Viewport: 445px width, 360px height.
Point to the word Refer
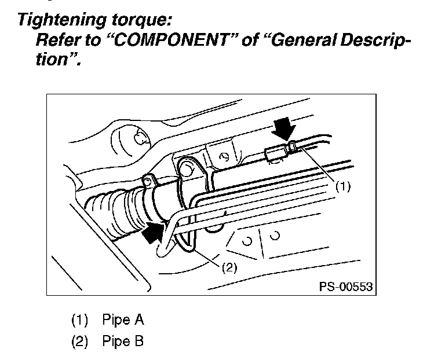tap(56, 41)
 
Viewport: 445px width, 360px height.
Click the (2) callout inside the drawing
tap(229, 268)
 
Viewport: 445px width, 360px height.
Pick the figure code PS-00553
tap(344, 286)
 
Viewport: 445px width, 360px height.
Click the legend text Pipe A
tap(123, 319)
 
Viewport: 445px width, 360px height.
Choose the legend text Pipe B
tap(123, 341)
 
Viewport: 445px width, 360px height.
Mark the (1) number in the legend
tap(79, 319)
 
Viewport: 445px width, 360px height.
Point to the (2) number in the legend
tap(79, 341)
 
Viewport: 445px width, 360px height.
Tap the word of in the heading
tap(250, 41)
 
